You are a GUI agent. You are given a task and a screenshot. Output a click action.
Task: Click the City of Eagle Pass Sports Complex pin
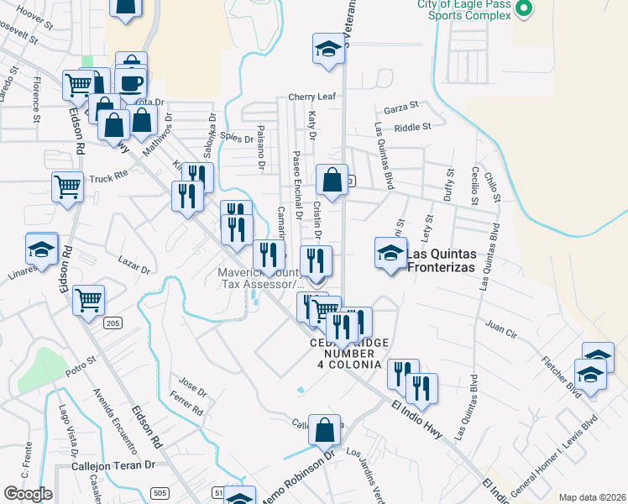[524, 9]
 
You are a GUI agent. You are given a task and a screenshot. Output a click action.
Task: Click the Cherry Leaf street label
[312, 97]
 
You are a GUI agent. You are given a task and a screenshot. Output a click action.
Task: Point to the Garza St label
[400, 108]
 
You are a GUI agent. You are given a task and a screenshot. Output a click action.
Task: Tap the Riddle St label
[412, 127]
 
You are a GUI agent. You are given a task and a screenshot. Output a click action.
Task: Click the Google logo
[28, 494]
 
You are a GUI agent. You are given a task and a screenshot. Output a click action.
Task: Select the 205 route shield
[113, 323]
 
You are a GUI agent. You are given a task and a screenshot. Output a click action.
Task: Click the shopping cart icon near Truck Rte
[67, 186]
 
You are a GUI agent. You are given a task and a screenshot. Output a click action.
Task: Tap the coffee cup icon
[131, 83]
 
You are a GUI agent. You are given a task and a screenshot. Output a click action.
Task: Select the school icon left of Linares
[41, 249]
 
